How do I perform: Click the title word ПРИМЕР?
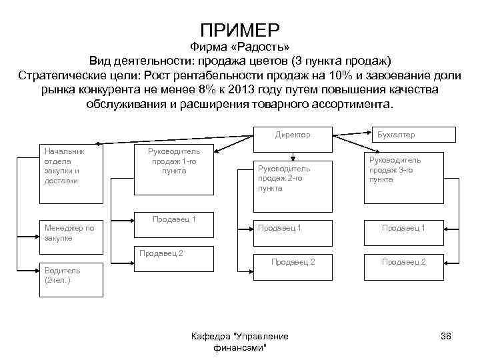[x=240, y=30]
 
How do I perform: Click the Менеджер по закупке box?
[x=69, y=233]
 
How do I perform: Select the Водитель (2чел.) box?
[x=69, y=276]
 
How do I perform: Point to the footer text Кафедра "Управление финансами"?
[x=239, y=342]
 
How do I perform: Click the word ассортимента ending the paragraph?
[x=347, y=105]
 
